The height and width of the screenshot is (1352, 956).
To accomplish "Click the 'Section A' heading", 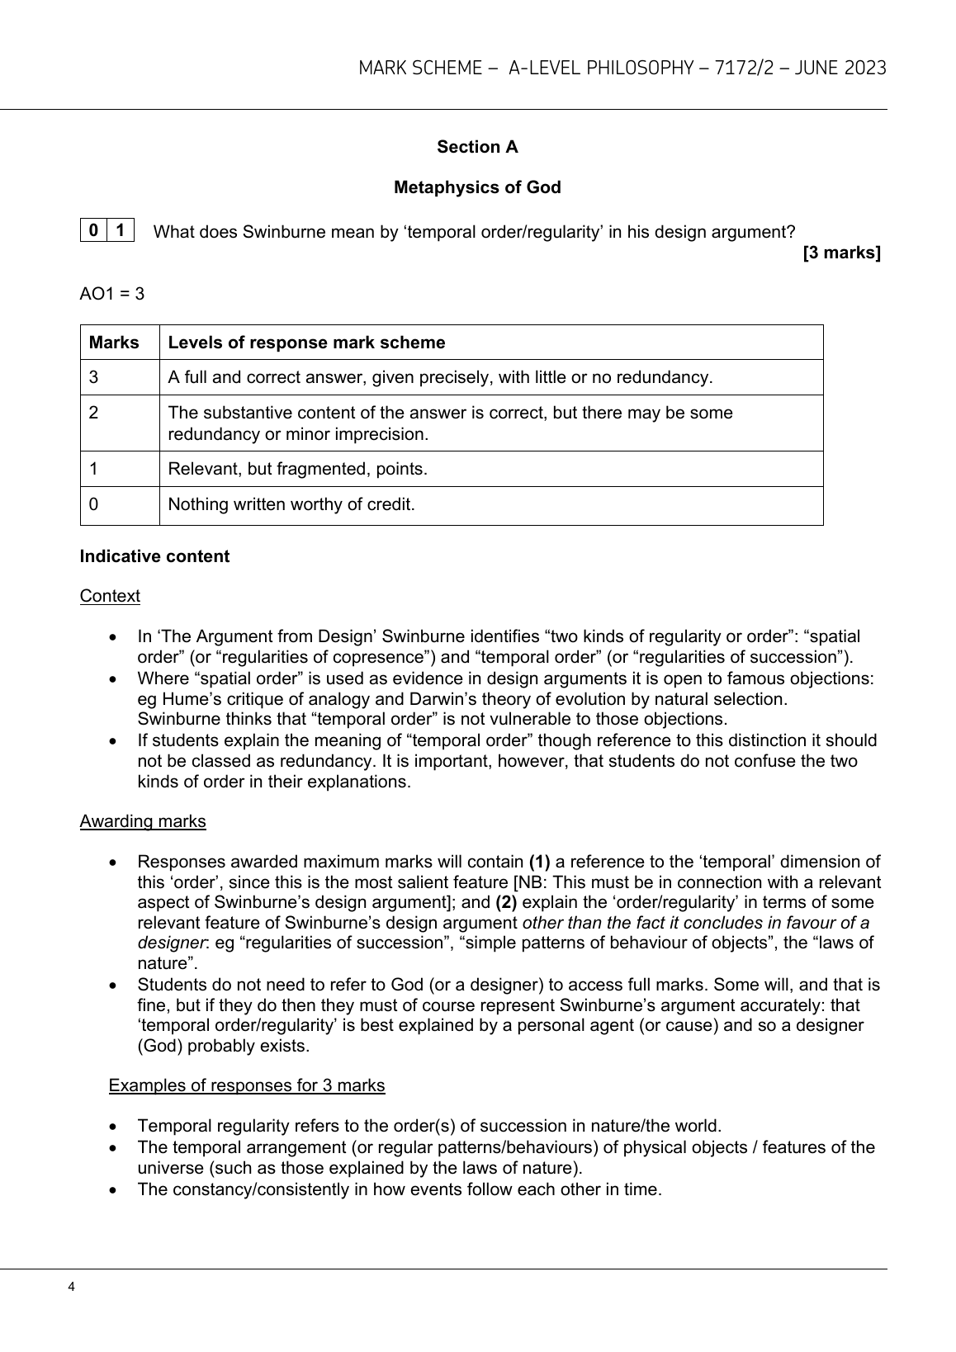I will point(477,147).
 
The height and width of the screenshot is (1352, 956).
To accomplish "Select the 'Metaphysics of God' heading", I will point(477,187).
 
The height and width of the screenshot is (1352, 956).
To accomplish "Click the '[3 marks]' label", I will point(841,253).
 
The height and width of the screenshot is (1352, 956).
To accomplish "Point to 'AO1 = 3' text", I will point(112,294).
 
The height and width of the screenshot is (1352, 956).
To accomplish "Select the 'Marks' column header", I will point(114,343).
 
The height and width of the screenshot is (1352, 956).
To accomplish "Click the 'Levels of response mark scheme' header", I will point(306,343).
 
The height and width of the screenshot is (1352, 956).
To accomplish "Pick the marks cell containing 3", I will point(94,377).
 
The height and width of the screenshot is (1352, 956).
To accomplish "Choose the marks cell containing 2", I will point(94,412).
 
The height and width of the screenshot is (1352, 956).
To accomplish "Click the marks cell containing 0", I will point(94,503).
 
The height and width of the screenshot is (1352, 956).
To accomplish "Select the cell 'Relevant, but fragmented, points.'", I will point(297,469).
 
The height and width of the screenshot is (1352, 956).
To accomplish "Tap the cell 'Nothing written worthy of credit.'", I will point(291,503).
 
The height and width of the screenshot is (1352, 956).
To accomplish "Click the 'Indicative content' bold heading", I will point(154,556).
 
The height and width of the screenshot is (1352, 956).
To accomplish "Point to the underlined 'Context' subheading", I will point(110,596).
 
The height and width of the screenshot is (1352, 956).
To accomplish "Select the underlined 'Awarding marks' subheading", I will point(143,821).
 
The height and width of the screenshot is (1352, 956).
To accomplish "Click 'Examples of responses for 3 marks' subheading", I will point(247,1085).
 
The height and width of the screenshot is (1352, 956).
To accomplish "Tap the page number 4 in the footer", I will point(73,1287).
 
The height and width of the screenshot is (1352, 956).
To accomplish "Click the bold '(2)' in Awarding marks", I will point(506,902).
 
